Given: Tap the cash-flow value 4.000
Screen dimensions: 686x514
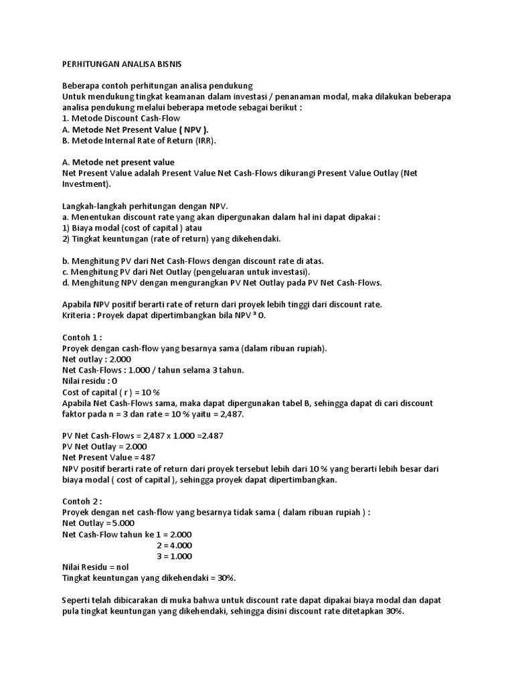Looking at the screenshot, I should (x=177, y=545).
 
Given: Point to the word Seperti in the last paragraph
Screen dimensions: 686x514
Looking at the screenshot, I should (x=76, y=600).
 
